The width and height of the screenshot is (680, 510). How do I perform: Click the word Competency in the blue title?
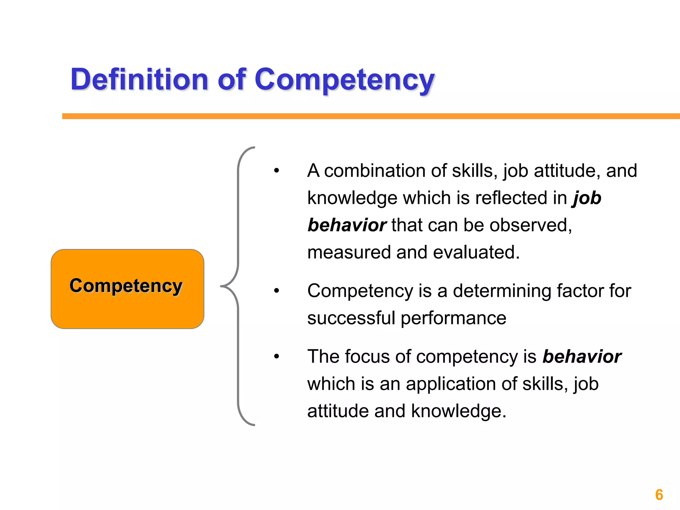pyautogui.click(x=345, y=80)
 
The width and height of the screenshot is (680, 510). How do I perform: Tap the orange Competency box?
pyautogui.click(x=127, y=289)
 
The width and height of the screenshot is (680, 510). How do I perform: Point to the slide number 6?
pyautogui.click(x=659, y=495)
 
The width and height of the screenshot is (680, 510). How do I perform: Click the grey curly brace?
pyautogui.click(x=238, y=286)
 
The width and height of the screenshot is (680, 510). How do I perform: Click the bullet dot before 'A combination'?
pyautogui.click(x=277, y=171)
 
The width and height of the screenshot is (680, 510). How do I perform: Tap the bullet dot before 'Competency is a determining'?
pyautogui.click(x=277, y=291)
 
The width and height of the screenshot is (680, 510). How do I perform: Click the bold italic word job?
pyautogui.click(x=587, y=198)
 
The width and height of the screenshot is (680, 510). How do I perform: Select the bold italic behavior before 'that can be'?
pyautogui.click(x=347, y=225)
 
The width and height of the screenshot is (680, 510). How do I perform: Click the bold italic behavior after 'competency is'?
pyautogui.click(x=582, y=357)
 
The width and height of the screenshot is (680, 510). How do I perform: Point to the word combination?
pyautogui.click(x=375, y=171)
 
